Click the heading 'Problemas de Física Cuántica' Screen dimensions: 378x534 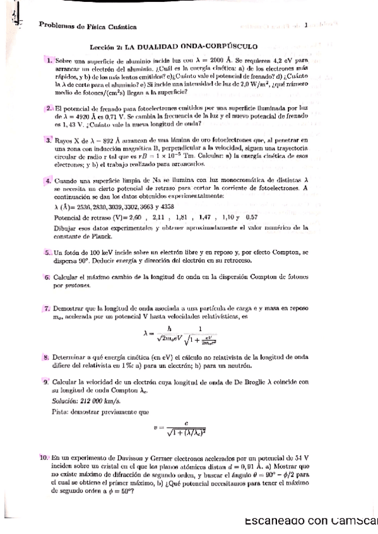88,26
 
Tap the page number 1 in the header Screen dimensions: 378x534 305,26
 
